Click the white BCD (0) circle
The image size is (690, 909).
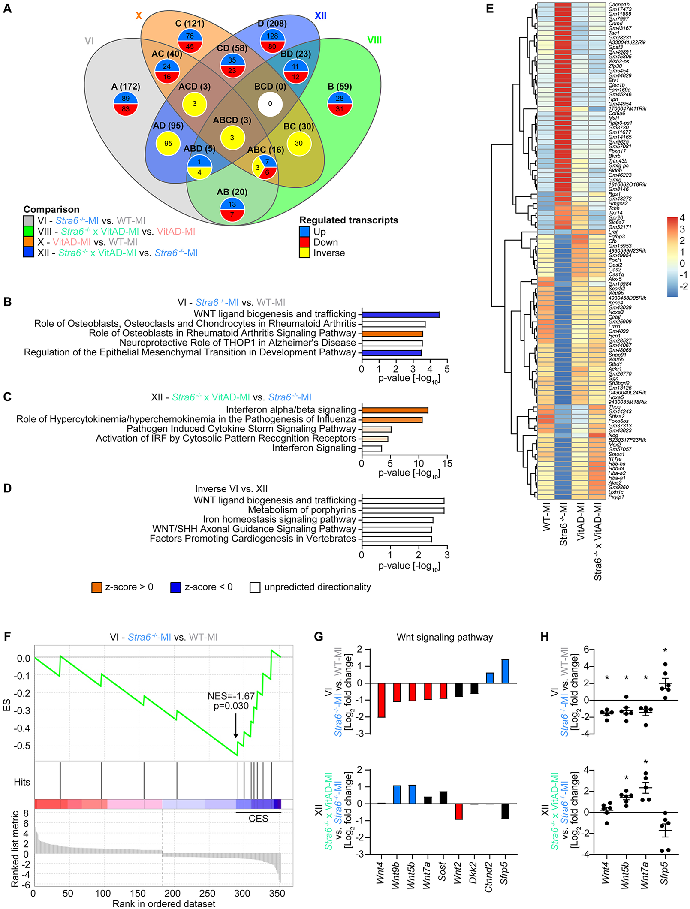[x=270, y=104]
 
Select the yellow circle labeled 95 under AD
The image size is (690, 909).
[x=168, y=144]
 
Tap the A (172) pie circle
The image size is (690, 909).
[x=125, y=104]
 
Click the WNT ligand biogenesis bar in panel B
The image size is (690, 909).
[x=400, y=315]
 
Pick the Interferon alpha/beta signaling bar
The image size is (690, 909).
[x=395, y=410]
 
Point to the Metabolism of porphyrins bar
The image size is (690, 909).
[x=403, y=510]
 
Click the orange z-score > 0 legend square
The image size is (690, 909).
[x=96, y=587]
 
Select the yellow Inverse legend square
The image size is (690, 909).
[x=304, y=253]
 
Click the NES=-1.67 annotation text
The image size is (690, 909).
[x=231, y=697]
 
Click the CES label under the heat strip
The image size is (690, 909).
[x=258, y=819]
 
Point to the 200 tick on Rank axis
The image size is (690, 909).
[x=172, y=894]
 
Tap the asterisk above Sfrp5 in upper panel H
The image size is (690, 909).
[x=665, y=651]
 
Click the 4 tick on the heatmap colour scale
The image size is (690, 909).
[x=682, y=218]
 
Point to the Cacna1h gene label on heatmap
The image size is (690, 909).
[x=619, y=5]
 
